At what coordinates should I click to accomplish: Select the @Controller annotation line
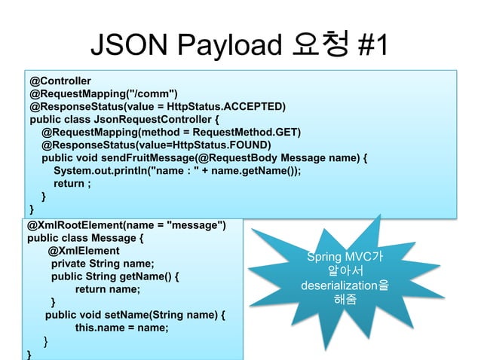60,80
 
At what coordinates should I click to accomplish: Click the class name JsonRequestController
152,119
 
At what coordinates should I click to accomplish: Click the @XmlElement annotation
84,251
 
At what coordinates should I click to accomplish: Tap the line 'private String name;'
102,264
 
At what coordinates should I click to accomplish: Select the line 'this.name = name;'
121,328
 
